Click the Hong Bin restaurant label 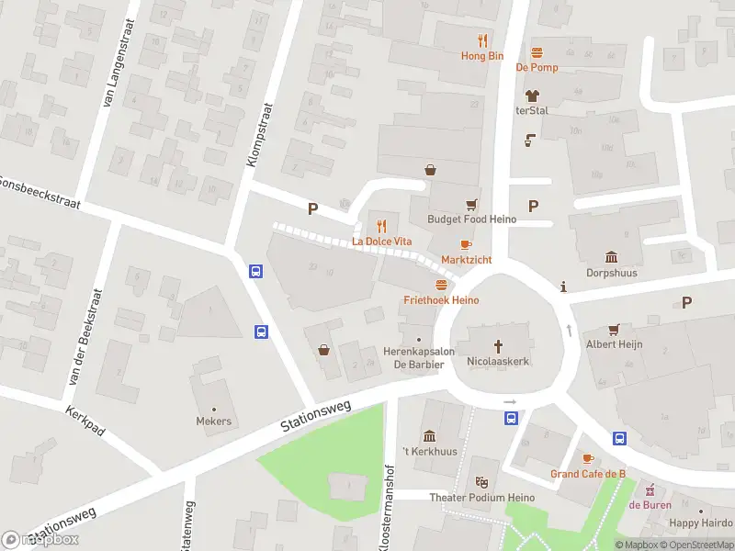point(482,55)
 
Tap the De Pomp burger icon point(537,51)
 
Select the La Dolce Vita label point(382,242)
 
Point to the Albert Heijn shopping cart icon point(614,329)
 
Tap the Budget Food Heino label point(471,219)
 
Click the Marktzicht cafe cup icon point(466,244)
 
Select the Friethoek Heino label point(441,300)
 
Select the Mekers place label point(213,422)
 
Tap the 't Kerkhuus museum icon point(429,435)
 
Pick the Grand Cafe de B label point(588,474)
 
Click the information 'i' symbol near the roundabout point(563,288)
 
